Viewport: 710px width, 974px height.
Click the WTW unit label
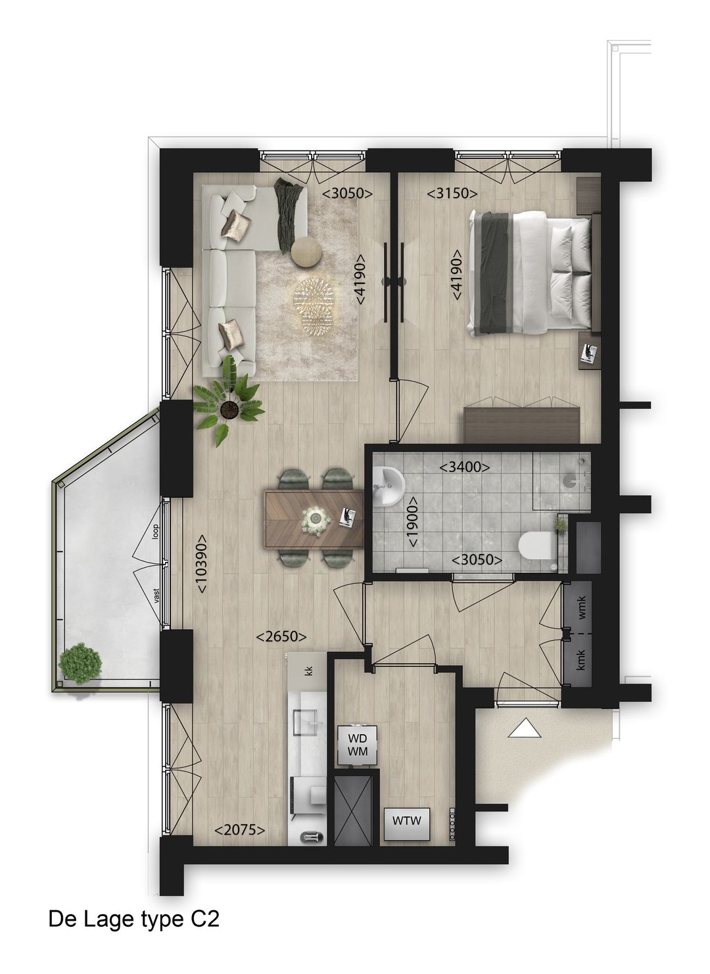(x=406, y=821)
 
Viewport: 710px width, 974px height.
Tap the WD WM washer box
(x=357, y=744)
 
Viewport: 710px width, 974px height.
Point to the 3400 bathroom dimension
(x=465, y=467)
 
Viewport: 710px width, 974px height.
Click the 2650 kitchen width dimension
(x=282, y=636)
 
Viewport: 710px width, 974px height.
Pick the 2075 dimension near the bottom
(x=240, y=830)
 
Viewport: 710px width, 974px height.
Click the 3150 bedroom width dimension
(x=452, y=193)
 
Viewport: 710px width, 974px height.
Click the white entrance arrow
(x=525, y=728)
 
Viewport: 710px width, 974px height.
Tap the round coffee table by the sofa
(x=306, y=252)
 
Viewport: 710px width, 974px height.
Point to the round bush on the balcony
(x=80, y=663)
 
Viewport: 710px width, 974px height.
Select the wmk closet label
(x=581, y=611)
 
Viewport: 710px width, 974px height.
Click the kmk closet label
(x=581, y=660)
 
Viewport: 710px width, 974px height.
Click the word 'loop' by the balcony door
(x=156, y=531)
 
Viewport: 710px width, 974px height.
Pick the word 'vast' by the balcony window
(x=156, y=595)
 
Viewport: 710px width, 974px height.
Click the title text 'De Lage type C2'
(x=133, y=919)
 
